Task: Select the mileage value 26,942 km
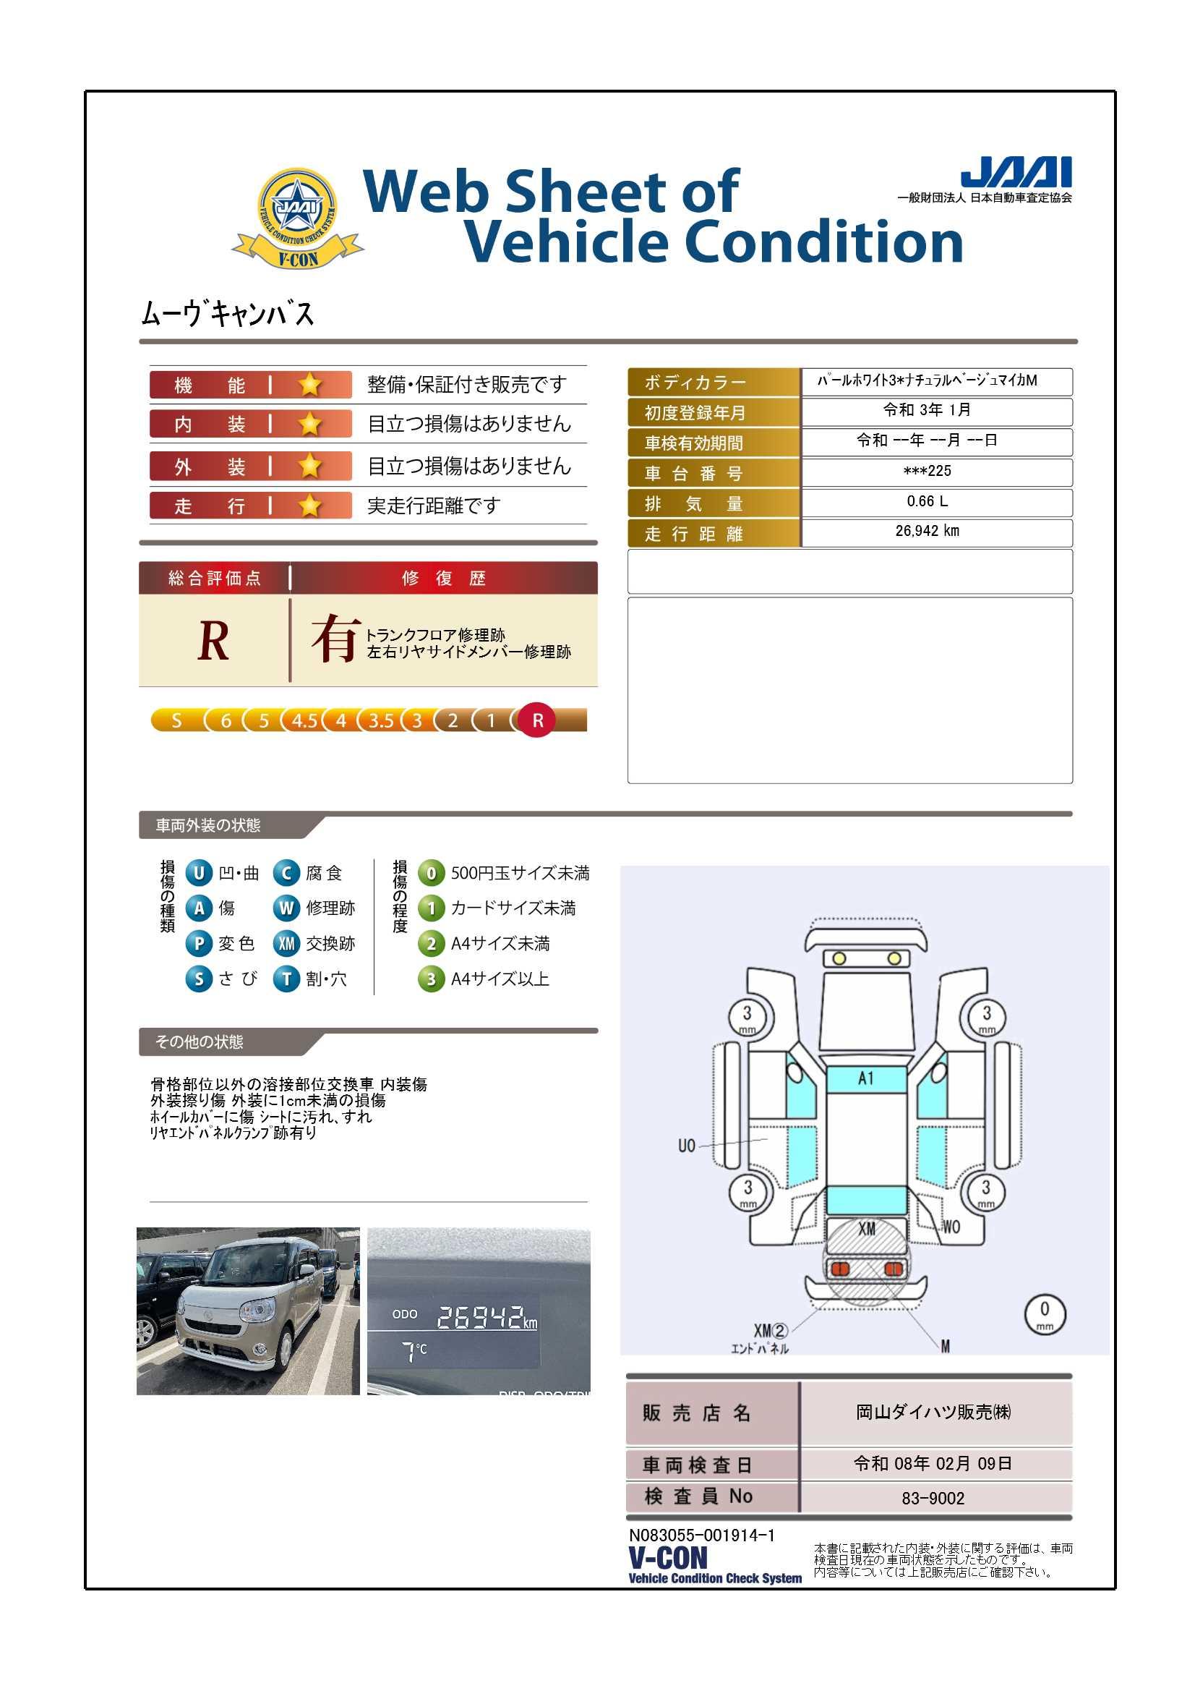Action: point(927,531)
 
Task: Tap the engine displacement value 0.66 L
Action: point(927,501)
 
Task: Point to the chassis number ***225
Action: point(927,471)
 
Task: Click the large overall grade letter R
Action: point(213,641)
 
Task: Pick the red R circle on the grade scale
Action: point(537,720)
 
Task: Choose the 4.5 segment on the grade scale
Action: point(304,720)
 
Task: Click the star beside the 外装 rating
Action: point(310,467)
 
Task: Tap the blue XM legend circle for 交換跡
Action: point(286,943)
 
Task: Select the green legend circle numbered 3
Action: point(431,979)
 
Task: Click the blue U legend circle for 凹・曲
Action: point(198,874)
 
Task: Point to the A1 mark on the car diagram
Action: point(866,1078)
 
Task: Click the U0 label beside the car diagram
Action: point(686,1146)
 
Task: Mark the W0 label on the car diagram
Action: point(951,1226)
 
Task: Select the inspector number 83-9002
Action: point(933,1498)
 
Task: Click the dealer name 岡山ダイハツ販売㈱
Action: point(933,1412)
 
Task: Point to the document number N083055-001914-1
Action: point(701,1535)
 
